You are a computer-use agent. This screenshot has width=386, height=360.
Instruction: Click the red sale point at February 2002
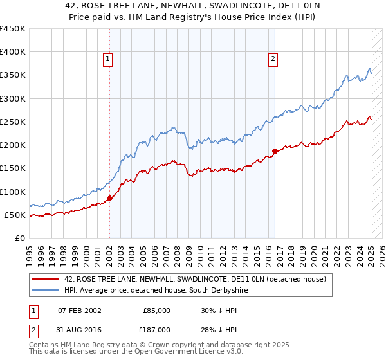pos(109,199)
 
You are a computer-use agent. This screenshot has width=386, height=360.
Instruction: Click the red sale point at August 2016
pos(275,151)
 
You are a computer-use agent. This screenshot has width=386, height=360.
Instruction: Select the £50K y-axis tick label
pos(15,215)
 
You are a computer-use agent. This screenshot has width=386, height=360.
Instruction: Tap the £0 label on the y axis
pos(21,238)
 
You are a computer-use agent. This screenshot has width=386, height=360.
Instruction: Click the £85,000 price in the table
pos(156,310)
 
